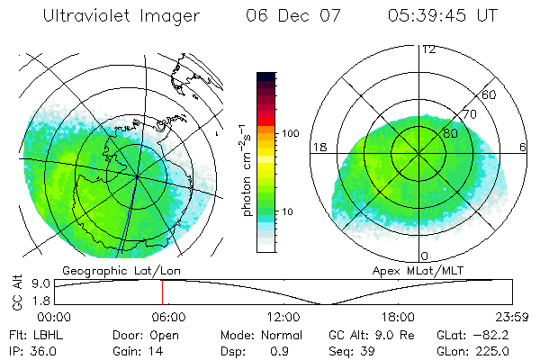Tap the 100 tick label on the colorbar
289,133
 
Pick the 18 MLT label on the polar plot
318,147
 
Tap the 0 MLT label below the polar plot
425,256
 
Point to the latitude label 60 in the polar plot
490,94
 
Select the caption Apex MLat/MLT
410,270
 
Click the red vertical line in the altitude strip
162,292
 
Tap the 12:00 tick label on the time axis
283,317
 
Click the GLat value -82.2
499,333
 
